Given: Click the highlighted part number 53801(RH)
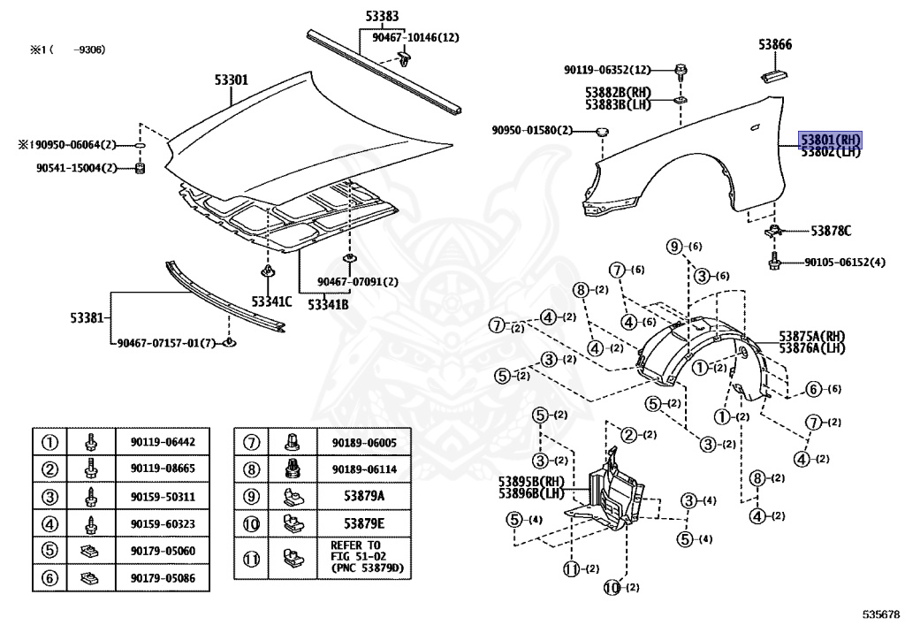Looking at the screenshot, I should pyautogui.click(x=830, y=140).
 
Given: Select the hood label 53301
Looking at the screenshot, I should pyautogui.click(x=231, y=80).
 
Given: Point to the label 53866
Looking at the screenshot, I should pyautogui.click(x=775, y=43).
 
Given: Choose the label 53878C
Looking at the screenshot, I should pyautogui.click(x=831, y=232).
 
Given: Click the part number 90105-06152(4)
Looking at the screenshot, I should pyautogui.click(x=844, y=263).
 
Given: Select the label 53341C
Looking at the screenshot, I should pyautogui.click(x=270, y=301).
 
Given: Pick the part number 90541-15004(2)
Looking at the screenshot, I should pyautogui.click(x=76, y=168).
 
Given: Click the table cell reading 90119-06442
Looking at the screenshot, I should pyautogui.click(x=163, y=442).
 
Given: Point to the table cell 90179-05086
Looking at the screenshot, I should pyautogui.click(x=163, y=580).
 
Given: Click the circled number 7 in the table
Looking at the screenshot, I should pyautogui.click(x=252, y=442).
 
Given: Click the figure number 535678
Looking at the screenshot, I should pyautogui.click(x=880, y=612).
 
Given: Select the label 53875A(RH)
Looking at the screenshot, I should pyautogui.click(x=812, y=336).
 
